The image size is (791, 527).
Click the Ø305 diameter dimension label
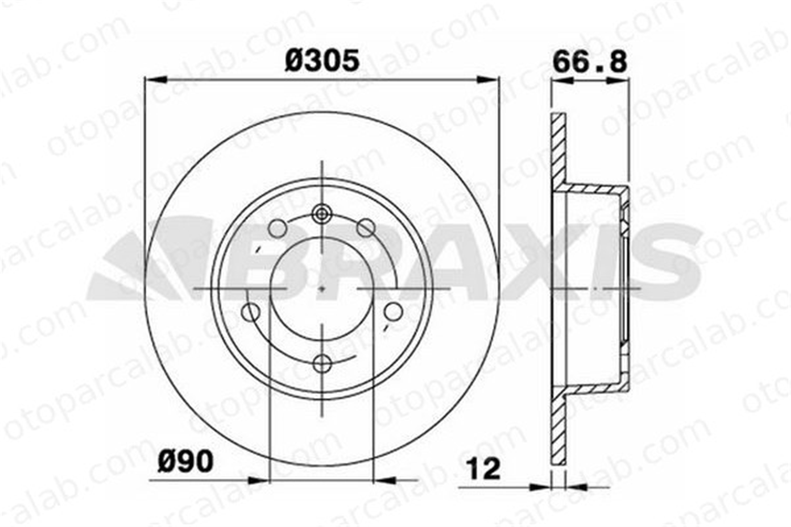322,60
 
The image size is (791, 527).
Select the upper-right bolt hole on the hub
365,228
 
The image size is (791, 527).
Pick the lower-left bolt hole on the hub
250,313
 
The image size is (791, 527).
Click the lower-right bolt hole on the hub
393,312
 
